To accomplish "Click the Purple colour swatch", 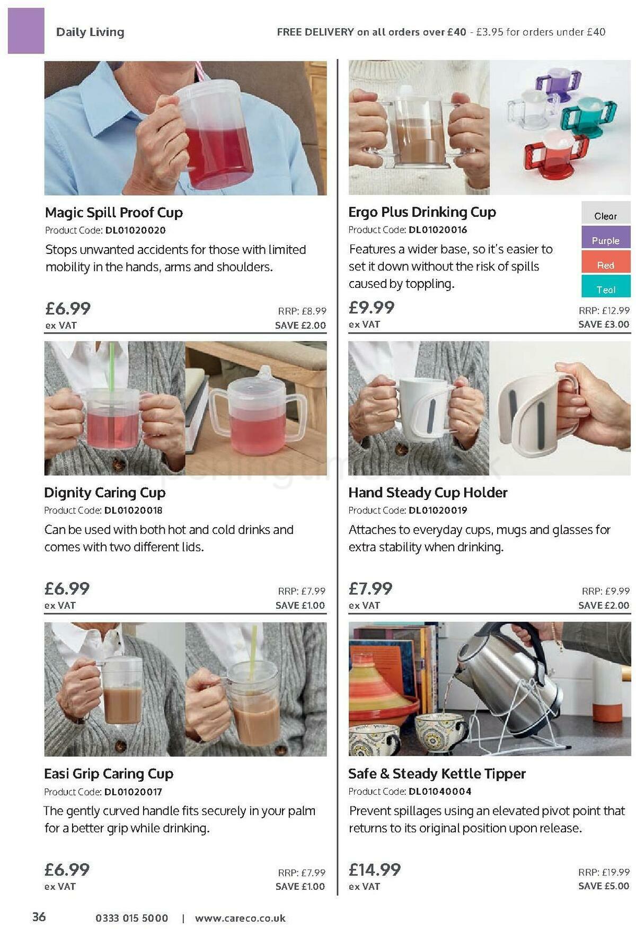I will pyautogui.click(x=606, y=240).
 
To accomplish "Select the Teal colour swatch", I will pyautogui.click(x=606, y=290).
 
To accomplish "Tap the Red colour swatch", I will pyautogui.click(x=606, y=265).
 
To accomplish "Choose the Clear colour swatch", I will pyautogui.click(x=606, y=216).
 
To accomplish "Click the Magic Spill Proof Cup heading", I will pyautogui.click(x=114, y=213).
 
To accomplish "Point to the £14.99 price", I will pyautogui.click(x=375, y=869).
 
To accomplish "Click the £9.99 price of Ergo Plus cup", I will pyautogui.click(x=372, y=307).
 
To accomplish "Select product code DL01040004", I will pyautogui.click(x=440, y=791).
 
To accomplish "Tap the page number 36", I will pyautogui.click(x=39, y=917).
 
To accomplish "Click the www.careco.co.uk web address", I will pyautogui.click(x=240, y=918).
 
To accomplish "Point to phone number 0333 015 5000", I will pyautogui.click(x=132, y=918).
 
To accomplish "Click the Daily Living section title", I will pyautogui.click(x=90, y=32).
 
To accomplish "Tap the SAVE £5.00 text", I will pyautogui.click(x=604, y=886).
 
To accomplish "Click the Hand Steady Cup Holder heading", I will pyautogui.click(x=428, y=493).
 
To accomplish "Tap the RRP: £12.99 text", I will pyautogui.click(x=604, y=311).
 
